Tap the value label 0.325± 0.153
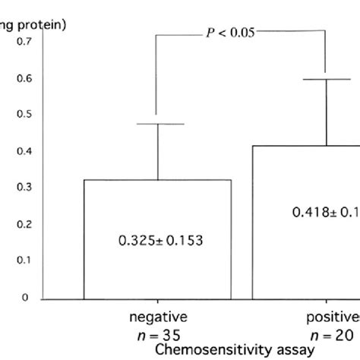coord(157,241)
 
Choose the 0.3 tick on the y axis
coord(24,188)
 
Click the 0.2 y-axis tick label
coord(24,224)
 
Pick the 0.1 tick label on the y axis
coord(24,261)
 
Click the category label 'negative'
coord(157,317)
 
